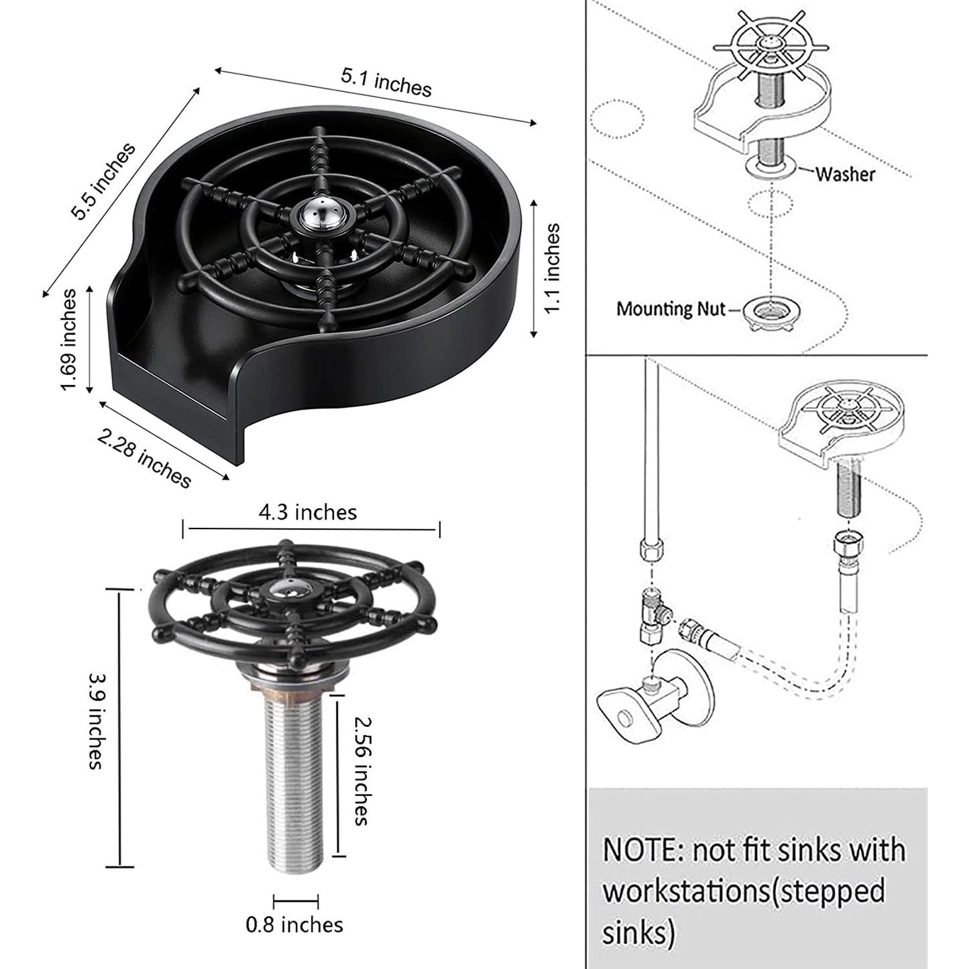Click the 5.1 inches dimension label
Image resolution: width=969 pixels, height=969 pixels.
(386, 82)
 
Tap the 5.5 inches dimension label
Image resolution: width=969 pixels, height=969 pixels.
(103, 181)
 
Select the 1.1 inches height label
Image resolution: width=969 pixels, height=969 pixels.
(551, 268)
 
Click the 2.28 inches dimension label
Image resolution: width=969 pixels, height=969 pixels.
(144, 458)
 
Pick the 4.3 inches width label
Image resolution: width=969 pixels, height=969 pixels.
(308, 512)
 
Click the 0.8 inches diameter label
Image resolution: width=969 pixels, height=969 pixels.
(294, 925)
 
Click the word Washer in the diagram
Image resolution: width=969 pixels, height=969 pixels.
(845, 174)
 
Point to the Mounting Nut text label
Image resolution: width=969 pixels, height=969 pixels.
(671, 309)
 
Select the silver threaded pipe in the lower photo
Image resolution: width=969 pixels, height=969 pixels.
(295, 778)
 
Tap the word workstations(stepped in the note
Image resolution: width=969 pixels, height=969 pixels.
(743, 891)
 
